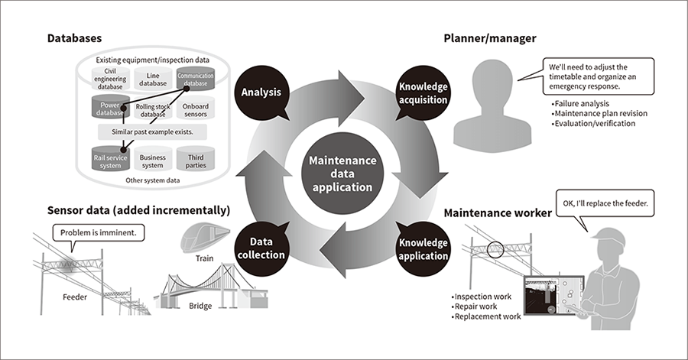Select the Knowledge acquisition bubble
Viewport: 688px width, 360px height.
point(422,93)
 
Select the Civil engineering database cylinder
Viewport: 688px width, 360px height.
point(109,79)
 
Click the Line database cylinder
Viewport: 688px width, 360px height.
point(153,79)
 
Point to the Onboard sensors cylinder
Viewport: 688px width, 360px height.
point(196,109)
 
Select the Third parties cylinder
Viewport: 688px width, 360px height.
point(196,159)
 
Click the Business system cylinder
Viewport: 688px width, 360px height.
point(153,159)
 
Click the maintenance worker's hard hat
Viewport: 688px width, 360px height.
point(615,236)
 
